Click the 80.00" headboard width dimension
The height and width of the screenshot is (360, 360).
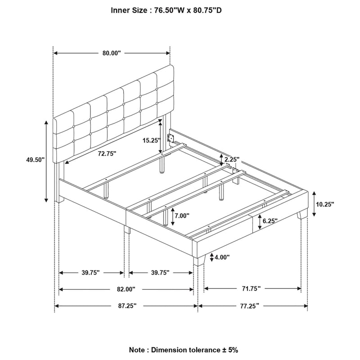[x=112, y=53]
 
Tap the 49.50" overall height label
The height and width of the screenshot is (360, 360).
[x=35, y=160]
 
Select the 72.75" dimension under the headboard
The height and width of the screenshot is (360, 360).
[x=107, y=153]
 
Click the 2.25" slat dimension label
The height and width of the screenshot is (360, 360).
[x=232, y=159]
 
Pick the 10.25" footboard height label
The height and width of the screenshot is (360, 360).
[x=325, y=204]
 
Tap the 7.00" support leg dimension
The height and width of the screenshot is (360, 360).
[x=182, y=216]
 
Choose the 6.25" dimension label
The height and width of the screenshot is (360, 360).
[x=270, y=221]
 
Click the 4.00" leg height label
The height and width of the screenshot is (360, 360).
[x=222, y=257]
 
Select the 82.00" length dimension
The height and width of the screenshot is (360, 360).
[x=126, y=289]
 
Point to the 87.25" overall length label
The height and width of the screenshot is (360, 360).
[x=127, y=306]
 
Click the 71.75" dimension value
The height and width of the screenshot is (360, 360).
[x=252, y=288]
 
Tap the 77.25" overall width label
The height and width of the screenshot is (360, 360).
[x=250, y=306]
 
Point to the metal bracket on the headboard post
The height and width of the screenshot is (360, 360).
[x=171, y=138]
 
